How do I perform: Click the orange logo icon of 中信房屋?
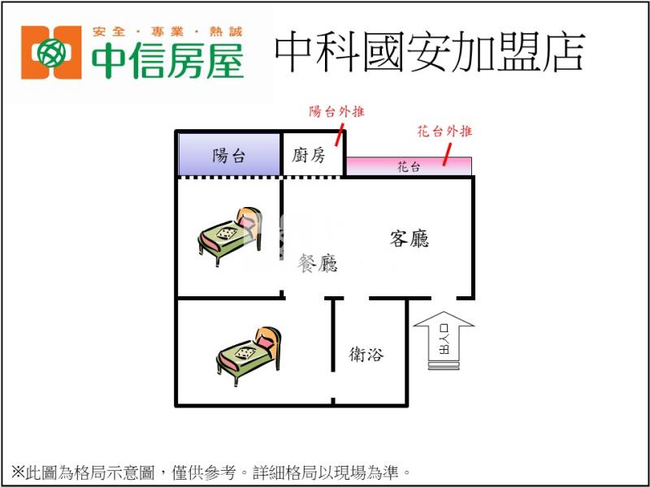pos(51,53)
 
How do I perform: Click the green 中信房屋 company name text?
pos(167,61)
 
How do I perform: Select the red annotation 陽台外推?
pos(336,111)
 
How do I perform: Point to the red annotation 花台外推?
pos(444,131)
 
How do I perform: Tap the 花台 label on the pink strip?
pos(409,167)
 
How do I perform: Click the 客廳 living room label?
pos(409,239)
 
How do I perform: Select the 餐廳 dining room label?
pos(318,263)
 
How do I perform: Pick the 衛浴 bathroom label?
pos(366,354)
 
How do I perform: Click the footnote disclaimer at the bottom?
pos(211,471)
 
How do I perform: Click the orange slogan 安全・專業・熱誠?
pos(167,32)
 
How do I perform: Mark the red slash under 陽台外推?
pos(338,136)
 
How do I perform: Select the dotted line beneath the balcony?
pos(229,176)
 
